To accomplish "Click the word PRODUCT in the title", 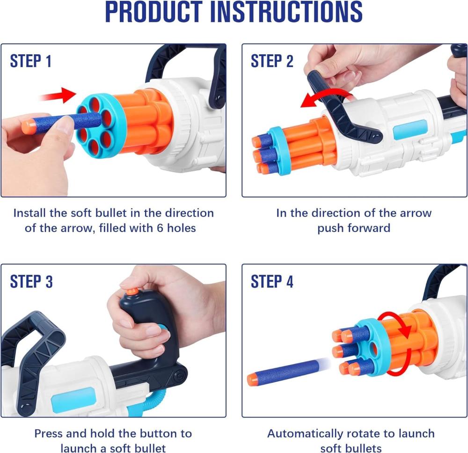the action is click(154, 12).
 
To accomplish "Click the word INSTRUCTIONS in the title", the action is click(286, 12).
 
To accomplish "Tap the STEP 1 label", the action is click(30, 61).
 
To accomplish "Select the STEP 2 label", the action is click(272, 61).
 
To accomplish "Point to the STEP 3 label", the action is click(31, 281).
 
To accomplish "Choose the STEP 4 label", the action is click(272, 281).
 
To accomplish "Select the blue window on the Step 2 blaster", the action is click(410, 130).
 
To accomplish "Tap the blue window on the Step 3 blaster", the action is click(69, 398).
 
